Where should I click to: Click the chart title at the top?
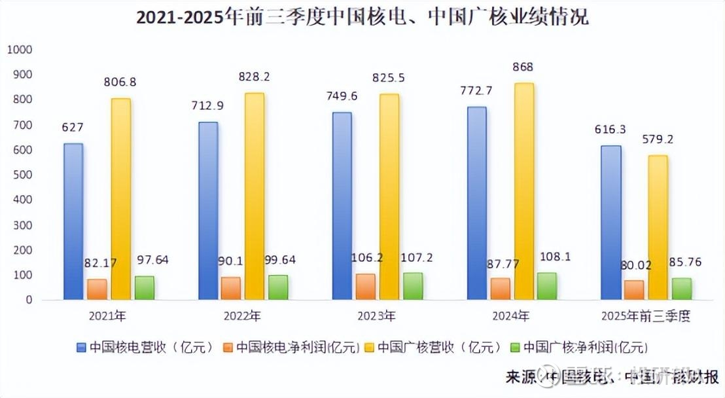point(362,16)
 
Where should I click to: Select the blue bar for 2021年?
point(74,221)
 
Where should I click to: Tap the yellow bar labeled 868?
point(523,191)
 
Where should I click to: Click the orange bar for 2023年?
point(366,286)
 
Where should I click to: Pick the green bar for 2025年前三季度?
point(682,289)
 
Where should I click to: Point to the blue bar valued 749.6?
point(342,206)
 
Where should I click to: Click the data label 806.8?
point(120,82)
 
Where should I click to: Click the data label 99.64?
point(277,260)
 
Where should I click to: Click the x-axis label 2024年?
point(510,316)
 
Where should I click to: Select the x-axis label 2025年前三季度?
point(645,316)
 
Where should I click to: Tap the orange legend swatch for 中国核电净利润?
point(228,347)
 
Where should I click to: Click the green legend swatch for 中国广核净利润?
point(514,347)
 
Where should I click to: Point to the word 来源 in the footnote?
point(521,377)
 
